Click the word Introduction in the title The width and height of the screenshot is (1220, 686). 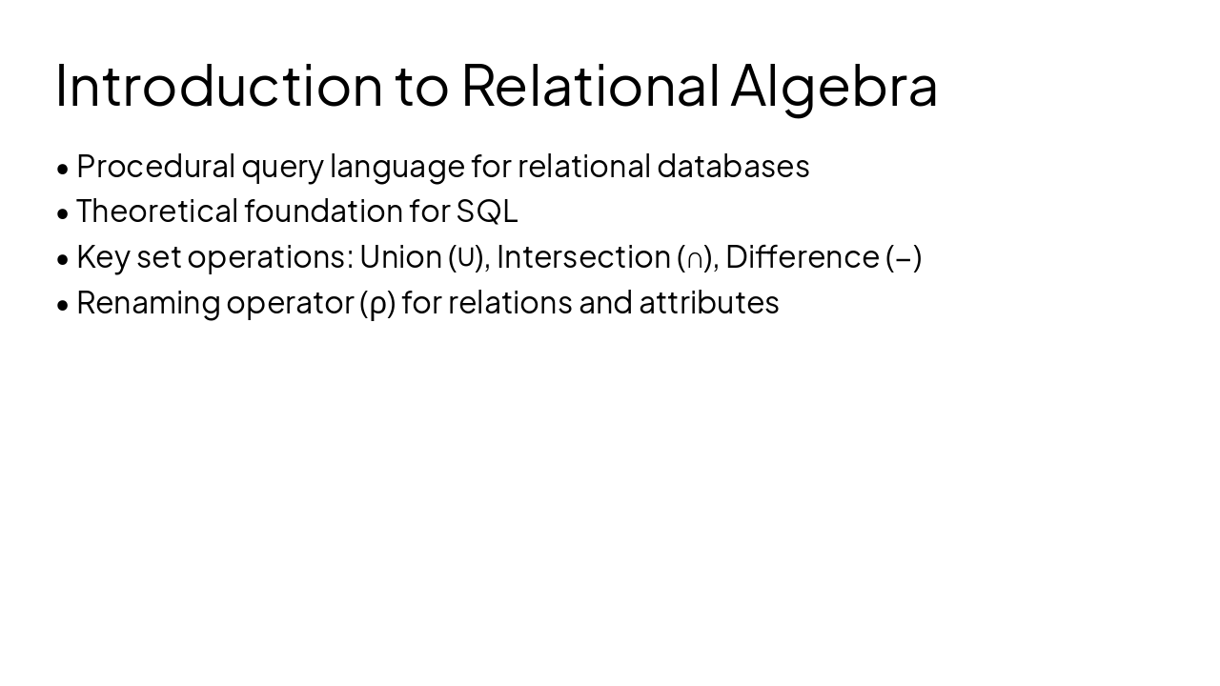pyautogui.click(x=218, y=85)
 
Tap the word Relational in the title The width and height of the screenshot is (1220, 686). pyautogui.click(x=590, y=85)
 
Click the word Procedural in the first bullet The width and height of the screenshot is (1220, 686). pyautogui.click(x=155, y=167)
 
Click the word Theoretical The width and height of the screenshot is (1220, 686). pyautogui.click(x=157, y=211)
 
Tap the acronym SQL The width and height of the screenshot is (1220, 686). pyautogui.click(x=487, y=212)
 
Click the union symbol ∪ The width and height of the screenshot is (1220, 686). pyautogui.click(x=465, y=257)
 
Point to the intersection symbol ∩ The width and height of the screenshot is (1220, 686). pyautogui.click(x=695, y=258)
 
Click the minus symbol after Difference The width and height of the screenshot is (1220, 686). pyautogui.click(x=903, y=258)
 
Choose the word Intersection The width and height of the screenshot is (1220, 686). pyautogui.click(x=583, y=256)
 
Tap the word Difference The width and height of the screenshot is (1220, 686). pyautogui.click(x=802, y=256)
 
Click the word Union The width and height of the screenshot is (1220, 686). pyautogui.click(x=400, y=256)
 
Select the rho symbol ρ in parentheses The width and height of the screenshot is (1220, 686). pyautogui.click(x=377, y=304)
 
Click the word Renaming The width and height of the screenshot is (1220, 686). pyautogui.click(x=148, y=303)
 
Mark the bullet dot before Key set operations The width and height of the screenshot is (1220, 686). pyautogui.click(x=63, y=258)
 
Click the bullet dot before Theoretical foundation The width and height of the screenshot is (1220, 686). pyautogui.click(x=63, y=212)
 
